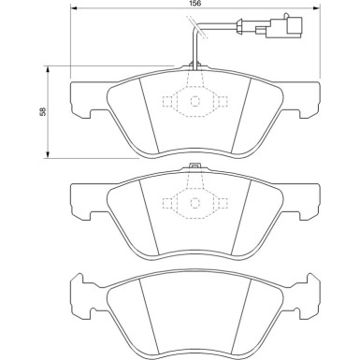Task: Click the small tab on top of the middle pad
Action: (x=194, y=169)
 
